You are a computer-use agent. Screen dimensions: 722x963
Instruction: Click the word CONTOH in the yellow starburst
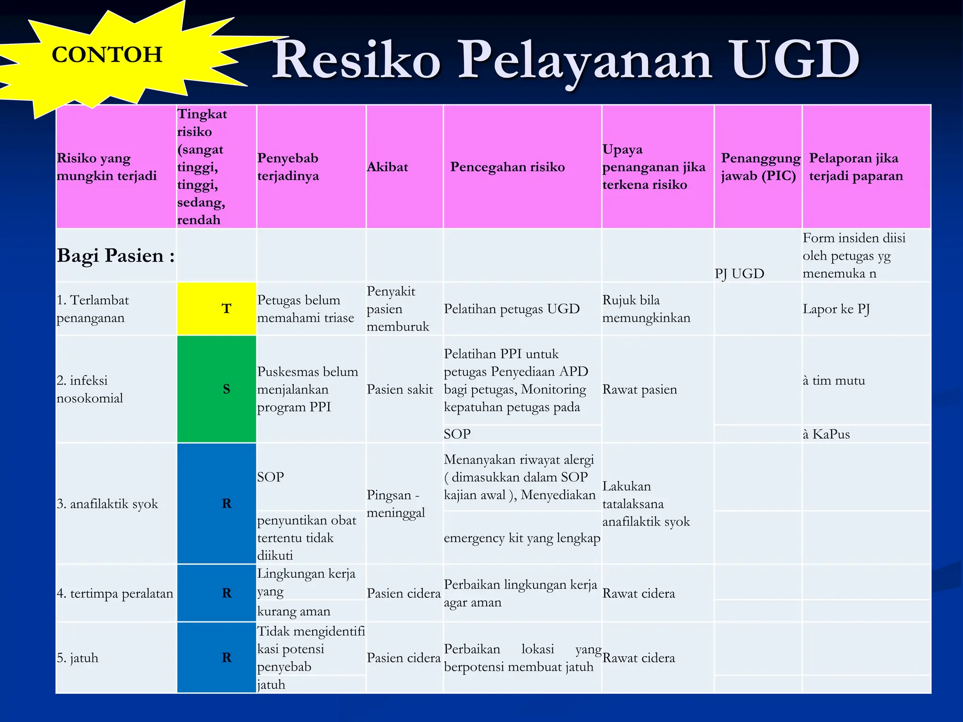107,55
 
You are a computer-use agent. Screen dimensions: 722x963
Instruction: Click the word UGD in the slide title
795,60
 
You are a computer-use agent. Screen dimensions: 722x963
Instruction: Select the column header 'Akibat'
387,167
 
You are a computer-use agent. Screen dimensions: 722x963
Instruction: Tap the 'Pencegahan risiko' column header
507,167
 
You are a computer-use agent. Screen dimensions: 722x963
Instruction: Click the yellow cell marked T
217,309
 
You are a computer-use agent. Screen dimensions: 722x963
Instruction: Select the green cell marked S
217,389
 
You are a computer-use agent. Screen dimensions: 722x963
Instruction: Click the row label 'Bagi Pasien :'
116,255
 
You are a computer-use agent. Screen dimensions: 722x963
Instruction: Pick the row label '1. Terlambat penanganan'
93,309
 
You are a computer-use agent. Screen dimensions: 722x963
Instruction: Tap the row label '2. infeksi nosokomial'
89,389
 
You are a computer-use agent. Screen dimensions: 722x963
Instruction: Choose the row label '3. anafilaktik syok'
107,504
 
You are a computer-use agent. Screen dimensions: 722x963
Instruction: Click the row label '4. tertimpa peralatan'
115,593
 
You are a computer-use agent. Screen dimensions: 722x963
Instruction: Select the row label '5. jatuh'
78,658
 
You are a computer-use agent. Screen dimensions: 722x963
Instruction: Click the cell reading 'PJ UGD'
740,273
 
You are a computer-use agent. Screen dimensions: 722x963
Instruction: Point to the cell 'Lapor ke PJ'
836,309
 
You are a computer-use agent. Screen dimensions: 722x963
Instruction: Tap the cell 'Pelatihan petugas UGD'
512,309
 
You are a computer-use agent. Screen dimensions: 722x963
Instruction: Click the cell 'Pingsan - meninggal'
395,503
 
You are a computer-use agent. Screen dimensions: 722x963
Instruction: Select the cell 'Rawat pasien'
639,389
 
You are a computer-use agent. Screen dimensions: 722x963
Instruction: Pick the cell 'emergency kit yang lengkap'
522,538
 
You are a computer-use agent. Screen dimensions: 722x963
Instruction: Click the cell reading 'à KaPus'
826,434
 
